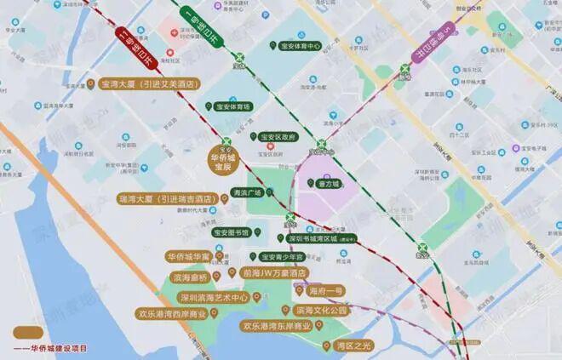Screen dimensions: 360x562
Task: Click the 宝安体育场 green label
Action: pyautogui.click(x=232, y=106)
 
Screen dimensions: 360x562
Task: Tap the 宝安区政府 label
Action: pyautogui.click(x=278, y=136)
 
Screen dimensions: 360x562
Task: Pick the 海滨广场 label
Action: pyautogui.click(x=247, y=193)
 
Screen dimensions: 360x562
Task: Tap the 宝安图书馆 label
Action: pyautogui.click(x=231, y=232)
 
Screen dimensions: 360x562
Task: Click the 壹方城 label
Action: pyautogui.click(x=328, y=183)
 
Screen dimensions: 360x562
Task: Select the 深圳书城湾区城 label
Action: pyautogui.click(x=325, y=239)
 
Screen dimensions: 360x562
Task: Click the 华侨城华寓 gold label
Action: pyautogui.click(x=188, y=256)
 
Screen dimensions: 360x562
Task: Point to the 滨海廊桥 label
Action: pyautogui.click(x=190, y=277)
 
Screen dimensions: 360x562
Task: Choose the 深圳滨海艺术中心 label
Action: pyautogui.click(x=214, y=298)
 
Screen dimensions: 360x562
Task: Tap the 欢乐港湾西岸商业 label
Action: pyautogui.click(x=173, y=313)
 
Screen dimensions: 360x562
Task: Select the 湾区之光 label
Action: pyautogui.click(x=354, y=345)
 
